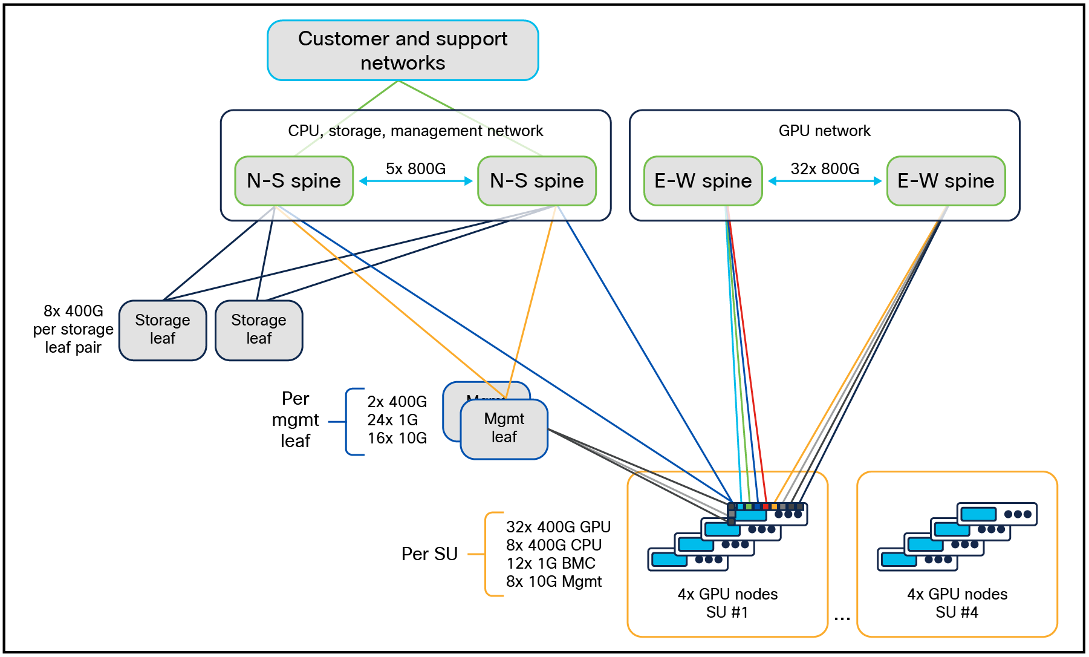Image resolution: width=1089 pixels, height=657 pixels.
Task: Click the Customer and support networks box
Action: [x=403, y=50]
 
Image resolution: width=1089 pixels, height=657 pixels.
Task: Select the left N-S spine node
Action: [x=294, y=181]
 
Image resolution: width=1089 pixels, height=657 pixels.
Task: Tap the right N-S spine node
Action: [x=537, y=181]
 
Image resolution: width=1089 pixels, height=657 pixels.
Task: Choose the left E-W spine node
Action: [x=703, y=181]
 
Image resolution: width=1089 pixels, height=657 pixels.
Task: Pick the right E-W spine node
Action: [x=946, y=181]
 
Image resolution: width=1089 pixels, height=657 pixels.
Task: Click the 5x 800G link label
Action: [x=415, y=169]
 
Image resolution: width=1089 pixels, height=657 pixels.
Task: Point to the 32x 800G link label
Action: [x=825, y=169]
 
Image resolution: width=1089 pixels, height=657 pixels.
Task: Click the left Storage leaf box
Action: [x=163, y=330]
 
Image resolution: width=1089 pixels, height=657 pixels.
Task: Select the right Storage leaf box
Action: [x=259, y=330]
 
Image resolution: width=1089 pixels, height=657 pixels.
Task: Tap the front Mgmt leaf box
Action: [x=504, y=428]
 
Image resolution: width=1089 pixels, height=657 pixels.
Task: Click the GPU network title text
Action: [x=824, y=131]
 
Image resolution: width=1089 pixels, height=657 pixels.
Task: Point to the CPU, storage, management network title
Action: [x=415, y=131]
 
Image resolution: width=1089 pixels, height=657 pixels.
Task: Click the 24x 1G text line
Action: [x=392, y=420]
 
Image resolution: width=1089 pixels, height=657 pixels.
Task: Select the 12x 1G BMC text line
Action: [x=551, y=563]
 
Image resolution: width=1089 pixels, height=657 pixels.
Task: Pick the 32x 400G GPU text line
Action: [x=558, y=527]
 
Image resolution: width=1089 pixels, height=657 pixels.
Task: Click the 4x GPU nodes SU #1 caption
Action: [x=727, y=603]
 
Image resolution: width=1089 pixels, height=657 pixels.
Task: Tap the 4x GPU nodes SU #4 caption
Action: [x=957, y=603]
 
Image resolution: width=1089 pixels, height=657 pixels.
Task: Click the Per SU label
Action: [x=429, y=554]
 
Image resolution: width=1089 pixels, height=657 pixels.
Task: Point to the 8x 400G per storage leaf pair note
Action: [x=73, y=329]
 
